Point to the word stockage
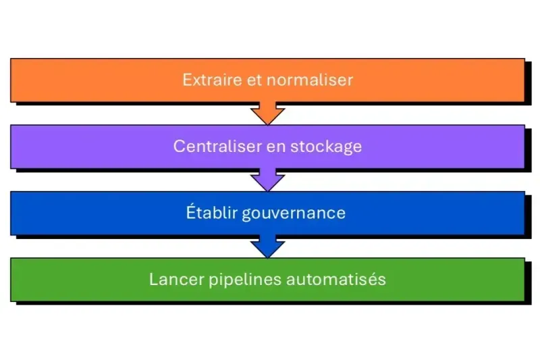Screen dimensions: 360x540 pyautogui.click(x=326, y=147)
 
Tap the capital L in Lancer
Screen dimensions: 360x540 pyautogui.click(x=153, y=279)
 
